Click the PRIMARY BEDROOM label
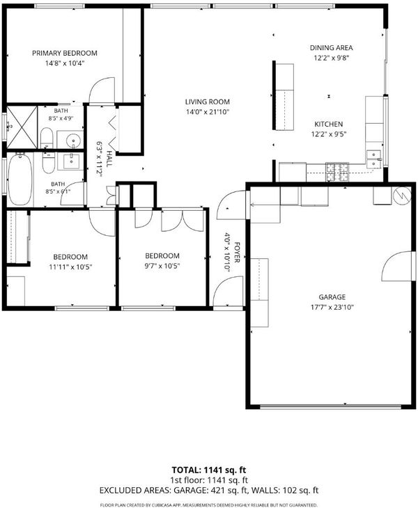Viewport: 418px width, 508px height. [65, 53]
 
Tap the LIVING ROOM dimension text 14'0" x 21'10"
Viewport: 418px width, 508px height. [208, 112]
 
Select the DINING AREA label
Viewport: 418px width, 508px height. [331, 47]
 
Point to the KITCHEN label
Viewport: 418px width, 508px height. [329, 124]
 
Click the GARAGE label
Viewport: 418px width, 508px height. [332, 296]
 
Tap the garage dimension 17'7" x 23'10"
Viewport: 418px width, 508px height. [332, 307]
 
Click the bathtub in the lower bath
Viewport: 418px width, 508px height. [20, 179]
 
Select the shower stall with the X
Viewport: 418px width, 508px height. [22, 127]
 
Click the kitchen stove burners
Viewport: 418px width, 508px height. [337, 172]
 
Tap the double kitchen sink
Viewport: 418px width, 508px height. [373, 159]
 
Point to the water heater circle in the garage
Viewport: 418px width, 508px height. [402, 196]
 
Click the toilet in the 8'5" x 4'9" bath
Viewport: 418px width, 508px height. [47, 137]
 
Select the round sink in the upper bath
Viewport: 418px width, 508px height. [74, 141]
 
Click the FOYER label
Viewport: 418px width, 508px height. [237, 253]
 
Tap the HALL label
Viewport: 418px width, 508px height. [110, 159]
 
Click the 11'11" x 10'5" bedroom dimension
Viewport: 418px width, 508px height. [70, 267]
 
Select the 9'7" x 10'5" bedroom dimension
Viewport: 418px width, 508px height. [162, 267]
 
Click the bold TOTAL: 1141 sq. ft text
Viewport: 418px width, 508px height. [209, 470]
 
